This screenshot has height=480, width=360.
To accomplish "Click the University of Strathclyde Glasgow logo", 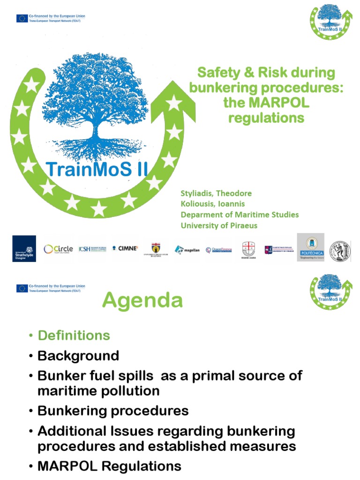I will tap(24, 248).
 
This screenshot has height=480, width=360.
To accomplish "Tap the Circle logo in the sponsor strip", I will tap(58, 249).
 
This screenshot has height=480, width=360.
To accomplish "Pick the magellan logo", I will tap(187, 249).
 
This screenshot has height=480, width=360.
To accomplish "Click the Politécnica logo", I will tap(310, 247).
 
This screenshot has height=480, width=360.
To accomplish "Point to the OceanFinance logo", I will tap(218, 249).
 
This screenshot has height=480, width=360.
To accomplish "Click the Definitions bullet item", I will tap(74, 335).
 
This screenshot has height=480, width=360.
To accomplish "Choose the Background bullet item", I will tap(78, 356).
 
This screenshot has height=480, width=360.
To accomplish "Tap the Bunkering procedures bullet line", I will tap(112, 411).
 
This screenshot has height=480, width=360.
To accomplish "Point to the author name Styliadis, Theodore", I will tap(216, 194).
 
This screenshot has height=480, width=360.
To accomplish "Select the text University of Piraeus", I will tap(219, 225).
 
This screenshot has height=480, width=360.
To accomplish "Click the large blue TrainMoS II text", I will tap(97, 169).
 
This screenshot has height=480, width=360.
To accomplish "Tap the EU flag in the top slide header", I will tap(22, 18).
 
